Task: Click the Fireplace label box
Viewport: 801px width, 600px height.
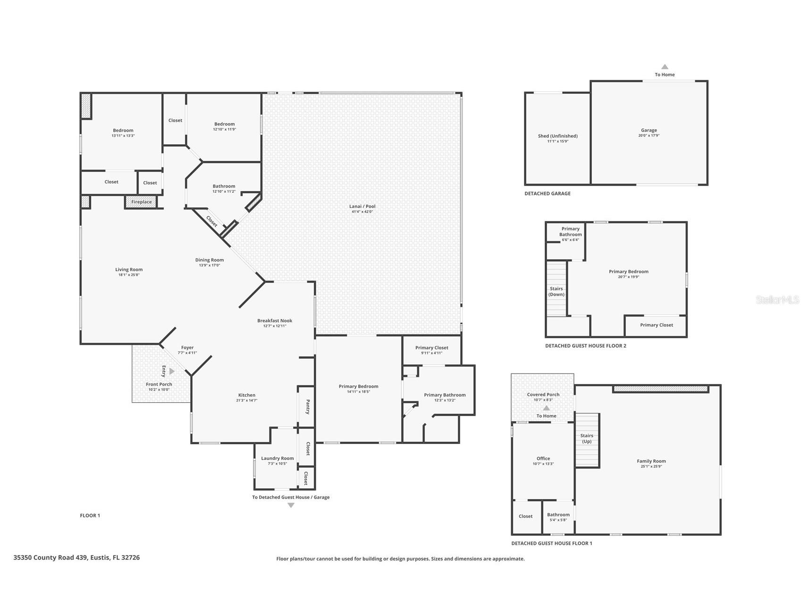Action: click(x=142, y=202)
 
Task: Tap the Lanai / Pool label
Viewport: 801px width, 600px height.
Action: click(x=362, y=206)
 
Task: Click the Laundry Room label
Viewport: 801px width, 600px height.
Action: click(x=278, y=458)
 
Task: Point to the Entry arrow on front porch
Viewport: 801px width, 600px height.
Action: click(x=172, y=371)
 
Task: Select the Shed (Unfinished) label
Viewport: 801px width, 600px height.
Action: click(x=557, y=136)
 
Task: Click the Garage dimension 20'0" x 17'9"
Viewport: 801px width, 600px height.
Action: click(x=649, y=136)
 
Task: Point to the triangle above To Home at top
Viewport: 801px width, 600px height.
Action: click(x=665, y=67)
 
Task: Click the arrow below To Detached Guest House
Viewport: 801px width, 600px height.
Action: click(x=291, y=505)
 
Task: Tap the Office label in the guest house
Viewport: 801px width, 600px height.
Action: click(x=543, y=458)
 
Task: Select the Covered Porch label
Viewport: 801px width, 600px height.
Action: click(x=543, y=394)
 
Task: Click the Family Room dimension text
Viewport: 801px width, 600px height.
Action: click(x=651, y=467)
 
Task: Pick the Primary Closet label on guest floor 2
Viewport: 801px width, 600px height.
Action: click(x=656, y=325)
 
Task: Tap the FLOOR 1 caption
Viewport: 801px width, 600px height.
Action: click(x=90, y=516)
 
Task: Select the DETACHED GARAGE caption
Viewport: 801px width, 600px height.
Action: click(x=547, y=193)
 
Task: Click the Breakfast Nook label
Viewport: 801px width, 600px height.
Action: click(x=274, y=321)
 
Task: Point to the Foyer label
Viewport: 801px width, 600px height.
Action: click(x=187, y=348)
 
